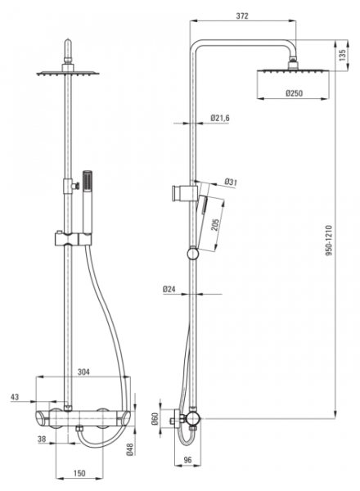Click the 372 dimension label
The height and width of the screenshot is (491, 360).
242,16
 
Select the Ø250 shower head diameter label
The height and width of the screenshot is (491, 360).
294,93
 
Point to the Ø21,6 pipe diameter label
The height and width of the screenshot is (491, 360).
220,118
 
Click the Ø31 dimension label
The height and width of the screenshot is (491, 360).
231,182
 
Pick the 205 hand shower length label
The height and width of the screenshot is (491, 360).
214,225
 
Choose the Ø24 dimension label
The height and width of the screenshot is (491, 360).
169,290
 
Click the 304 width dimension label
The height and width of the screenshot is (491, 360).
83,372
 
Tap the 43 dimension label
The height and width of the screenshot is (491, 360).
15,397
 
